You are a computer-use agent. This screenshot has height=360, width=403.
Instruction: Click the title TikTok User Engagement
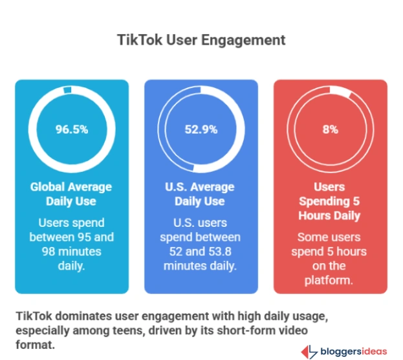pyautogui.click(x=201, y=39)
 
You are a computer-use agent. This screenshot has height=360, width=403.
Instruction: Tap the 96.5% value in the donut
pyautogui.click(x=71, y=129)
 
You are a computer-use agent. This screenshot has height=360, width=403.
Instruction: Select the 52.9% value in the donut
pyautogui.click(x=201, y=129)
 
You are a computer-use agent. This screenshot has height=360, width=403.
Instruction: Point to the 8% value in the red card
pyautogui.click(x=330, y=129)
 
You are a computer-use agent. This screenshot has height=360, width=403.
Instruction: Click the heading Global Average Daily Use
pyautogui.click(x=71, y=194)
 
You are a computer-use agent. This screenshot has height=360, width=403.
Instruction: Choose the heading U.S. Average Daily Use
pyautogui.click(x=201, y=194)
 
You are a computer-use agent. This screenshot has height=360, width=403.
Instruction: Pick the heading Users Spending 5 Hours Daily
pyautogui.click(x=330, y=201)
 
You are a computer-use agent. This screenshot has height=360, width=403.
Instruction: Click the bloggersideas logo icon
pyautogui.click(x=310, y=351)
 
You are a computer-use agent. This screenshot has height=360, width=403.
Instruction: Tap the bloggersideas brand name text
pyautogui.click(x=354, y=352)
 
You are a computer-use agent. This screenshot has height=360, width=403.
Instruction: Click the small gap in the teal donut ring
pyautogui.click(x=67, y=91)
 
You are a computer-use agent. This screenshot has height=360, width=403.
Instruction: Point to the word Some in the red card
pyautogui.click(x=312, y=237)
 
